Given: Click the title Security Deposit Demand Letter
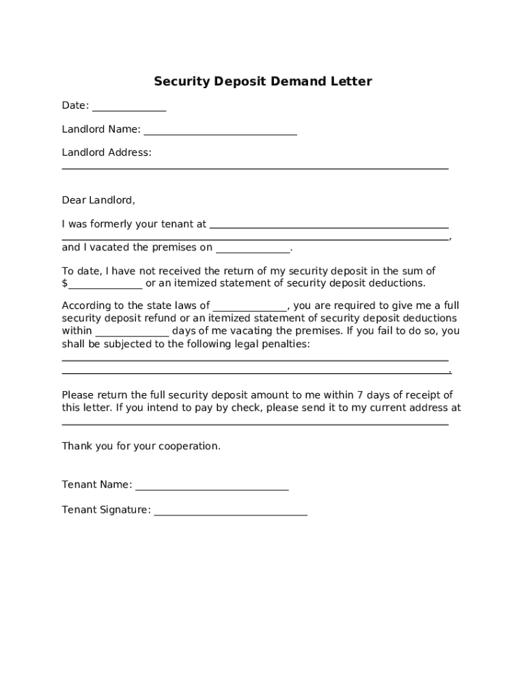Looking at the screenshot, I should coord(262,82).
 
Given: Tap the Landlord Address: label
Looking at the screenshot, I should coord(107,152).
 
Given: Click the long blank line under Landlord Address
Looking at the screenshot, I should coord(255,167).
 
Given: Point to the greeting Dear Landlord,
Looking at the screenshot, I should coord(98,200).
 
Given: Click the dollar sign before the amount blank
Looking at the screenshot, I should coord(65,283).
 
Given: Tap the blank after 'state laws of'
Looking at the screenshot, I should coord(250,309).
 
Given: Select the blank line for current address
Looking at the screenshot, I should coord(255,424).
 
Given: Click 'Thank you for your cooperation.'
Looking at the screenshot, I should coord(141,446).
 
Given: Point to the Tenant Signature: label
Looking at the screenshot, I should coord(106,510).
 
